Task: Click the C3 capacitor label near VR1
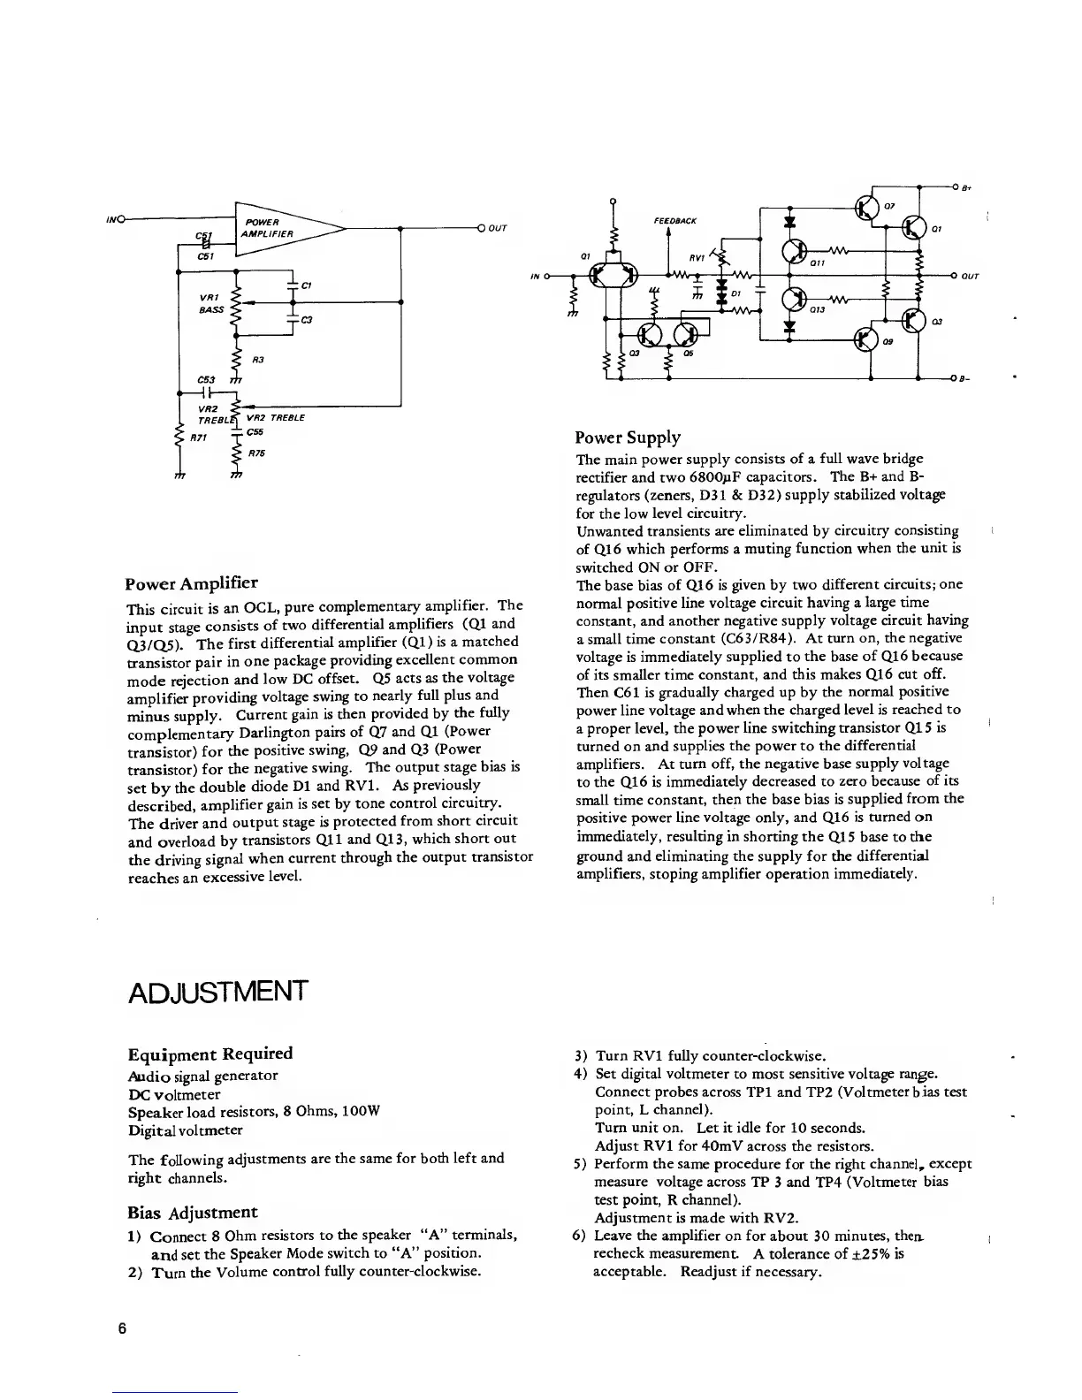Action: [307, 320]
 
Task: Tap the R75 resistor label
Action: [256, 453]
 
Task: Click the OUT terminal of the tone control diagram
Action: [496, 228]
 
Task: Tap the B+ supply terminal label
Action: [967, 187]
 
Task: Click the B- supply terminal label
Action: [967, 379]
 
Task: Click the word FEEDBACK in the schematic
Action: [675, 220]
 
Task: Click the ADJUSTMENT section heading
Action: [218, 991]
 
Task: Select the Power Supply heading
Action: [628, 437]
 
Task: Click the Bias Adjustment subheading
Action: [193, 1212]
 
